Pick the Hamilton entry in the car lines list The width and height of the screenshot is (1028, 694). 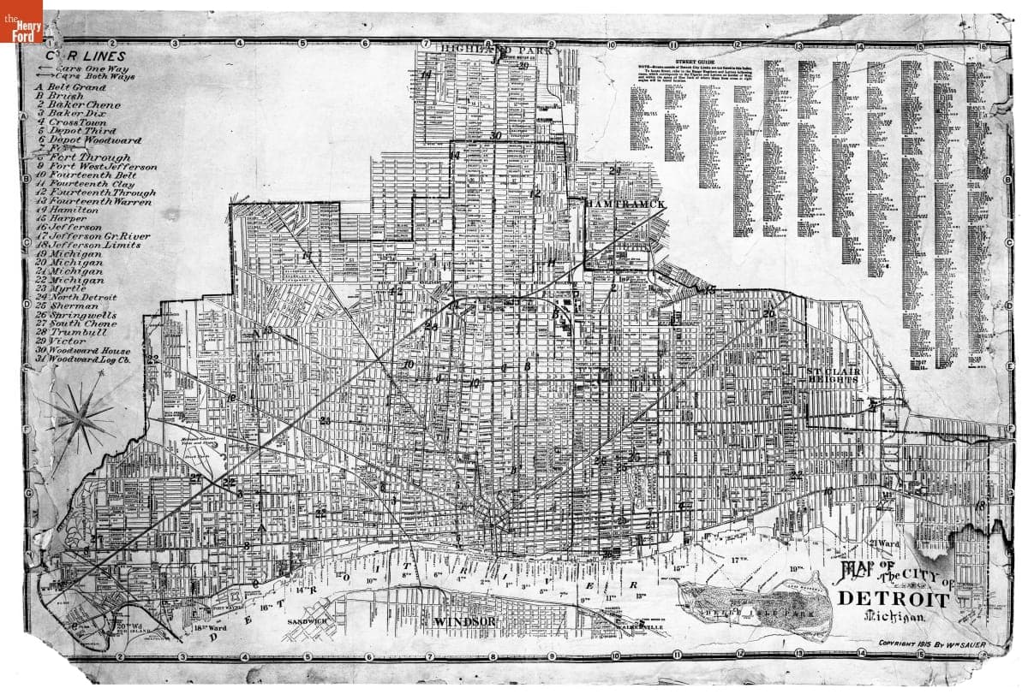pos(73,210)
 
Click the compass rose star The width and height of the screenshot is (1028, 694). pos(83,417)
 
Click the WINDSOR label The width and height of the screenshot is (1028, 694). pos(465,620)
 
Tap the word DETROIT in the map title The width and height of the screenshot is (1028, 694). pos(893,599)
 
